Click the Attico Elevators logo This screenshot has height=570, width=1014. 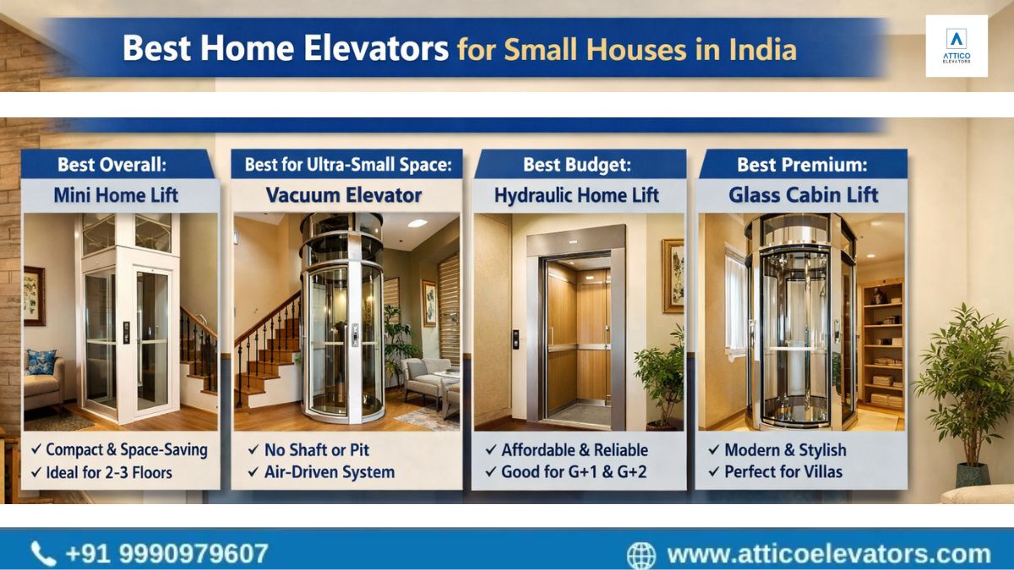pos(957,46)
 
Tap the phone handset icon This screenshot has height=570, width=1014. pos(43,554)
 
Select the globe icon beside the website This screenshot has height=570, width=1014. pos(641,556)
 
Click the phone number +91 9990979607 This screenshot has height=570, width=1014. pos(166,554)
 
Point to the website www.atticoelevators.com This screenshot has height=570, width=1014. pos(829,554)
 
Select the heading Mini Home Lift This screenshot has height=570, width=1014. pos(116,195)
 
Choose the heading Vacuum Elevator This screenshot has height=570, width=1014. pos(344,195)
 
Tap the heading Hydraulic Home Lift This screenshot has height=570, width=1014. pos(576,195)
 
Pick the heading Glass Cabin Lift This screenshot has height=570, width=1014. pos(804,195)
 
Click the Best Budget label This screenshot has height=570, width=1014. pos(576,165)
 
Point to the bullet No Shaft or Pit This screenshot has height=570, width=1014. pos(316,449)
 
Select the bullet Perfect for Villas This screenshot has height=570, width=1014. pos(783,472)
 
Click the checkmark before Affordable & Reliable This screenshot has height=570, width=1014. pos(491,449)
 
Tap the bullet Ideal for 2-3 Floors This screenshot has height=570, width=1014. pos(109,473)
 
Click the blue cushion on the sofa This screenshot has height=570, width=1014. pos(41,361)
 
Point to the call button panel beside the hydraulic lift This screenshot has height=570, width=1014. pos(515,339)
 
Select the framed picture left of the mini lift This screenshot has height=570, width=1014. pos(35,296)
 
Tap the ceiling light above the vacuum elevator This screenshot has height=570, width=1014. pos(417,224)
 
